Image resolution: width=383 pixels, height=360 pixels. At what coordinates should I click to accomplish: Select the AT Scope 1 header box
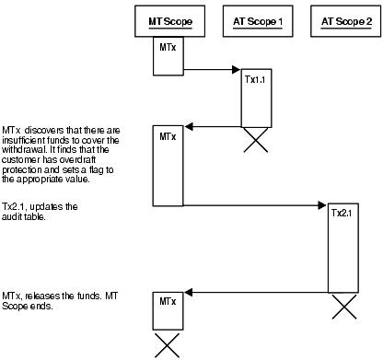pyautogui.click(x=255, y=19)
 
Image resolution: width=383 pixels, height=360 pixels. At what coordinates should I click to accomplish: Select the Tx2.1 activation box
pyautogui.click(x=343, y=249)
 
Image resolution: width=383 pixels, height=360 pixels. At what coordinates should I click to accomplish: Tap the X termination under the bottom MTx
pyautogui.click(x=167, y=345)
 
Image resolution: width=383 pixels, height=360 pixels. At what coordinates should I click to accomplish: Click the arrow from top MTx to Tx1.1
pyautogui.click(x=211, y=68)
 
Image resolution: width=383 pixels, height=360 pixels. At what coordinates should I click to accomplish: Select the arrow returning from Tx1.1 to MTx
pyautogui.click(x=212, y=127)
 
